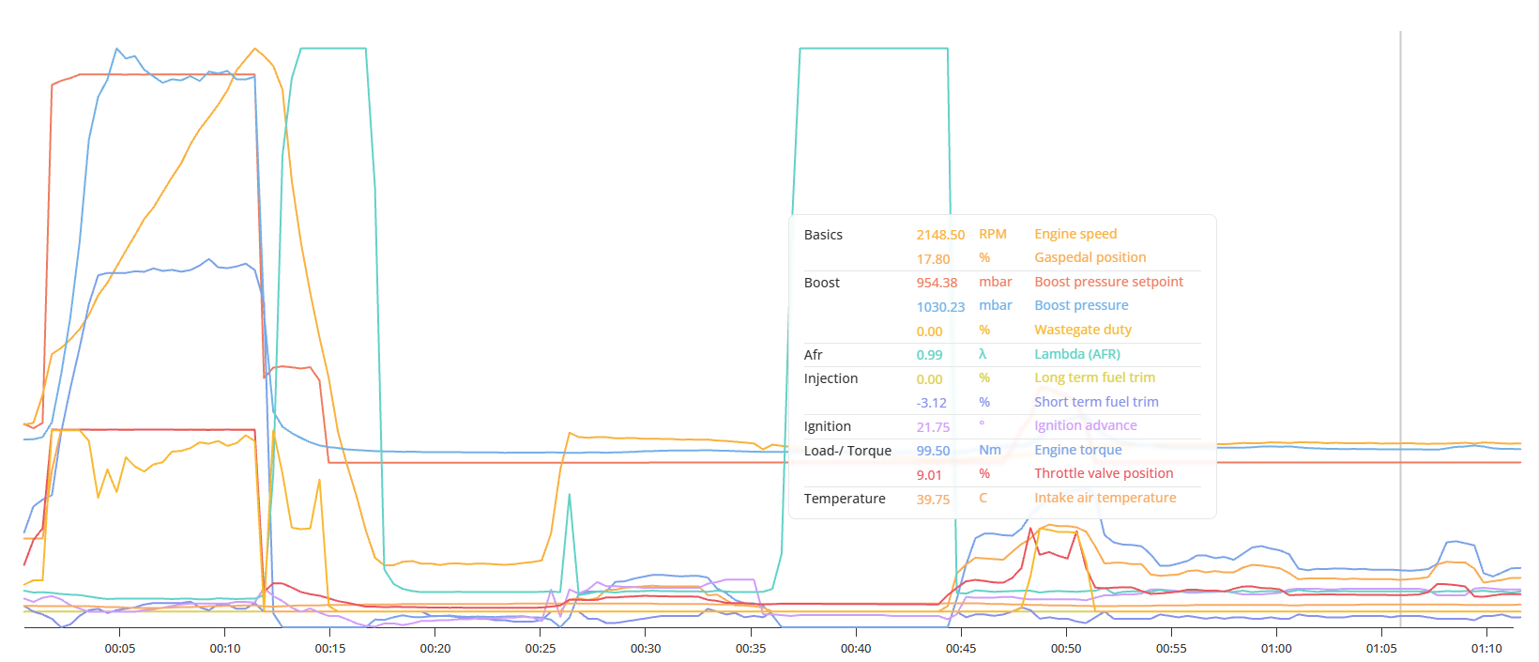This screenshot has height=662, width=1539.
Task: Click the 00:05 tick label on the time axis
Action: pyautogui.click(x=119, y=648)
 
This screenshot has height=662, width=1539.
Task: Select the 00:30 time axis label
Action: pyautogui.click(x=645, y=648)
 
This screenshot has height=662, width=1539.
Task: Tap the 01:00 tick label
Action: pyautogui.click(x=1276, y=648)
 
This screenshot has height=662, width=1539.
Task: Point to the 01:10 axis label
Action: pyautogui.click(x=1486, y=648)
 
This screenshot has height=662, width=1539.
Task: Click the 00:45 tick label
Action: pyautogui.click(x=961, y=648)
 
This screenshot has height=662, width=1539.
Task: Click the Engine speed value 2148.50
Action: pyautogui.click(x=940, y=235)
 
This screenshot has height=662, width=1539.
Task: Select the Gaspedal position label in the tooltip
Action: pyautogui.click(x=1089, y=258)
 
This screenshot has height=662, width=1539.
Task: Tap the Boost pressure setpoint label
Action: pyautogui.click(x=1108, y=282)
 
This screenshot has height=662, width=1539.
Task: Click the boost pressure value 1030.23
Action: pyautogui.click(x=940, y=307)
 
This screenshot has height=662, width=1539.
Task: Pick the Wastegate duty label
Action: pyautogui.click(x=1083, y=330)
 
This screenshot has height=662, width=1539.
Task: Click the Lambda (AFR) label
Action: pyautogui.click(x=1076, y=354)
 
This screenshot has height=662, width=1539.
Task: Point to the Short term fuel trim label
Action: pyautogui.click(x=1096, y=402)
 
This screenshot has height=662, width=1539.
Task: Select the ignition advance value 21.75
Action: pyautogui.click(x=933, y=427)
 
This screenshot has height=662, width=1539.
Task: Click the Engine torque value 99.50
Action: pyautogui.click(x=933, y=451)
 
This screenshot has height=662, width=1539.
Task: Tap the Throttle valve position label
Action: pyautogui.click(x=1104, y=473)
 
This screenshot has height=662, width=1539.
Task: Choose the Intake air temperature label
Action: pyautogui.click(x=1105, y=498)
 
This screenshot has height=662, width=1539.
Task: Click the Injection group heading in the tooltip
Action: pyautogui.click(x=830, y=378)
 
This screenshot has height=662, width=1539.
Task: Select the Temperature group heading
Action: pyautogui.click(x=845, y=499)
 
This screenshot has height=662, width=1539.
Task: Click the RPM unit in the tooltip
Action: pyautogui.click(x=992, y=235)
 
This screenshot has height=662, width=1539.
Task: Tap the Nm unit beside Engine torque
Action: pyautogui.click(x=989, y=451)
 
